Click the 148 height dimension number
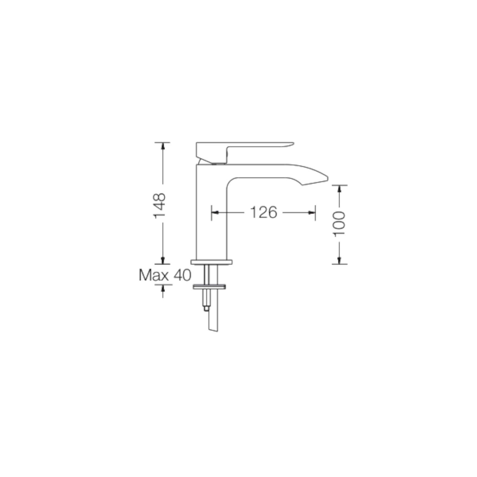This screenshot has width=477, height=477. click(159, 206)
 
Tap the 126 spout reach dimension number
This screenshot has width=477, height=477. click(264, 212)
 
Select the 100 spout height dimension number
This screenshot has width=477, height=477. click(339, 224)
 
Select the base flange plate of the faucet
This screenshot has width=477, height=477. click(211, 262)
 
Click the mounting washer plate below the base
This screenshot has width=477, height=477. click(209, 287)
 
